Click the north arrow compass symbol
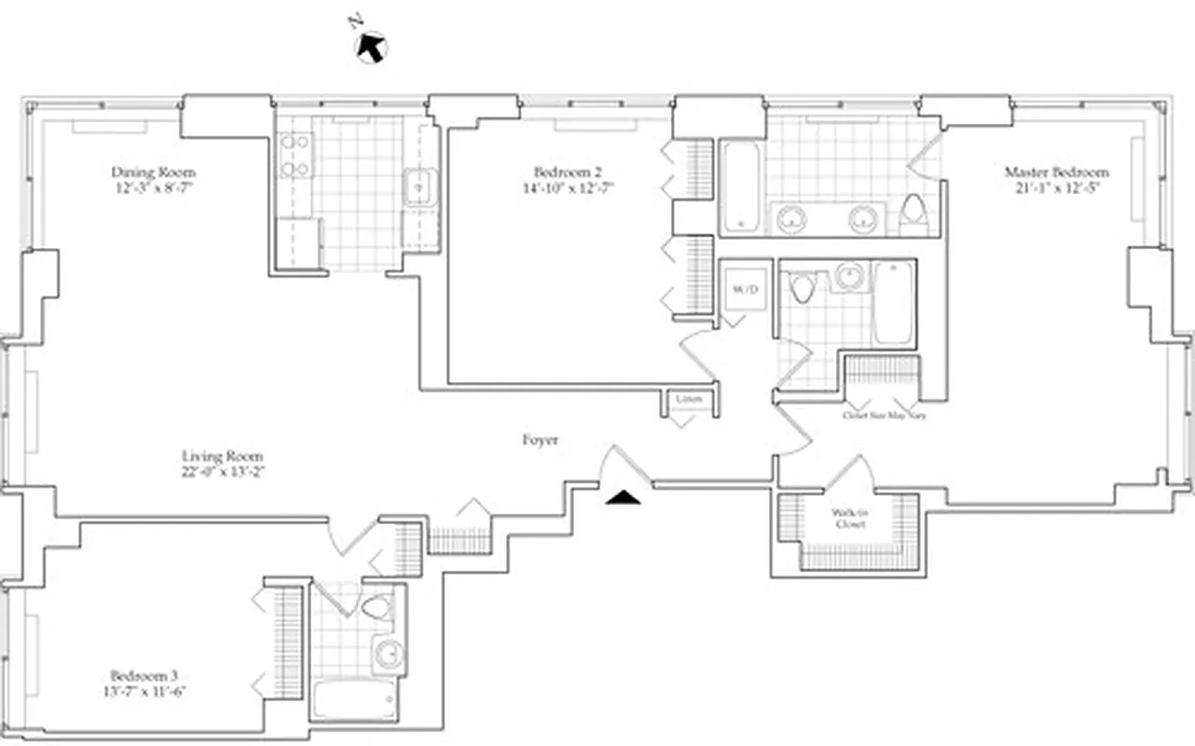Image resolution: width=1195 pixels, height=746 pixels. point(372,46)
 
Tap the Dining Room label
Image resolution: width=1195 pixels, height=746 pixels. point(154,173)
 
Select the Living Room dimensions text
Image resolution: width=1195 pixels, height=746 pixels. point(222,471)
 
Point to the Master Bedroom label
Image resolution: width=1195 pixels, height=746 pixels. point(1056,173)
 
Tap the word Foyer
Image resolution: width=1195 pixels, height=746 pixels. point(541,440)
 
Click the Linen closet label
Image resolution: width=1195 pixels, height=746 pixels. point(689,399)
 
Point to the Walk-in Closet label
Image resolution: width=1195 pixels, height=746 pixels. point(849,518)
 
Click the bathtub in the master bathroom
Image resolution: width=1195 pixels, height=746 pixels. point(742,186)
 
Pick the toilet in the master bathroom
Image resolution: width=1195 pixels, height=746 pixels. point(913,213)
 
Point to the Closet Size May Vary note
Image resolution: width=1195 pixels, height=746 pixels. point(884,415)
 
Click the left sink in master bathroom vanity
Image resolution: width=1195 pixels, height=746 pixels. point(792,219)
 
